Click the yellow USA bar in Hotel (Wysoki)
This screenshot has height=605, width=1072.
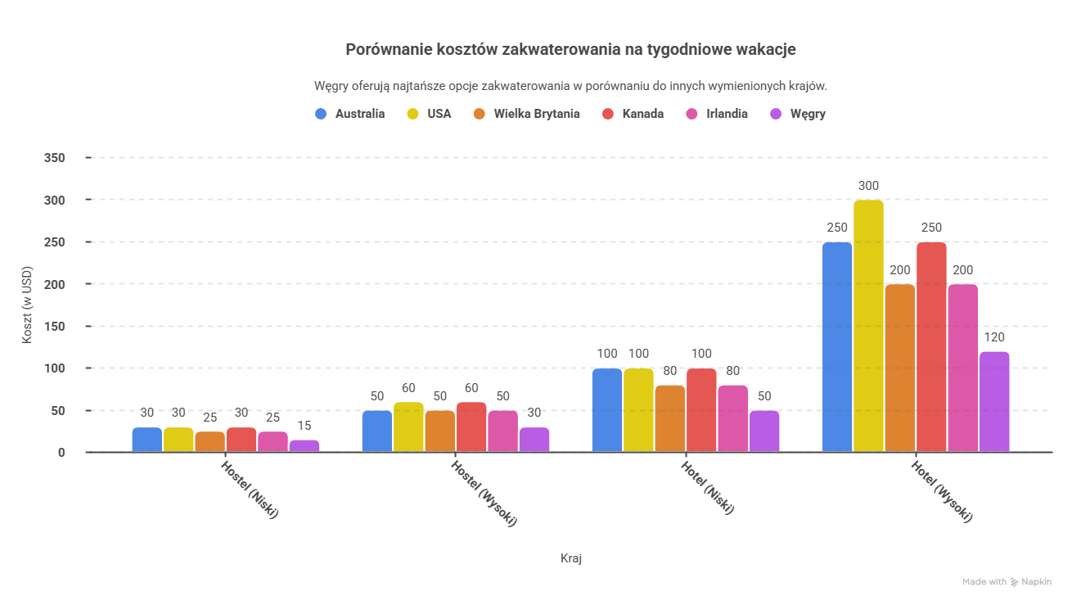pos(868,326)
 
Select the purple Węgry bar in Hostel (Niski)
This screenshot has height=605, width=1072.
pos(304,446)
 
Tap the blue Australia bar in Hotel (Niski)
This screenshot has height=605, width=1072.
pos(607,410)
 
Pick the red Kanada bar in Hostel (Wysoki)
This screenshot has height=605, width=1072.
pos(471,427)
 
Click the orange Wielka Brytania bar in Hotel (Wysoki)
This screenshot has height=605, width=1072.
pos(900,368)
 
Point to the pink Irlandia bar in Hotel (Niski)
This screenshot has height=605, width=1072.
pos(732,418)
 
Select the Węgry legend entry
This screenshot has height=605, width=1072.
pos(798,114)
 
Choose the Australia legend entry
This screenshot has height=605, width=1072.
pos(350,114)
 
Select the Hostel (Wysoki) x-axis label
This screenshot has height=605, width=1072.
pos(484,492)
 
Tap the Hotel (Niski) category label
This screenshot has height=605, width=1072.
pos(708,487)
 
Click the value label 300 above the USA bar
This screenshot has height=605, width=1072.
pos(868,186)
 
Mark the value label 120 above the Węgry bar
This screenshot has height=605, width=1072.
pos(994,337)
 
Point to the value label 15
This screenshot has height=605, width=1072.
pos(304,426)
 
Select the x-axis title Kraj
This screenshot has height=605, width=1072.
pos(571,558)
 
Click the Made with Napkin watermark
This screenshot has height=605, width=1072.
pos(1007,582)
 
